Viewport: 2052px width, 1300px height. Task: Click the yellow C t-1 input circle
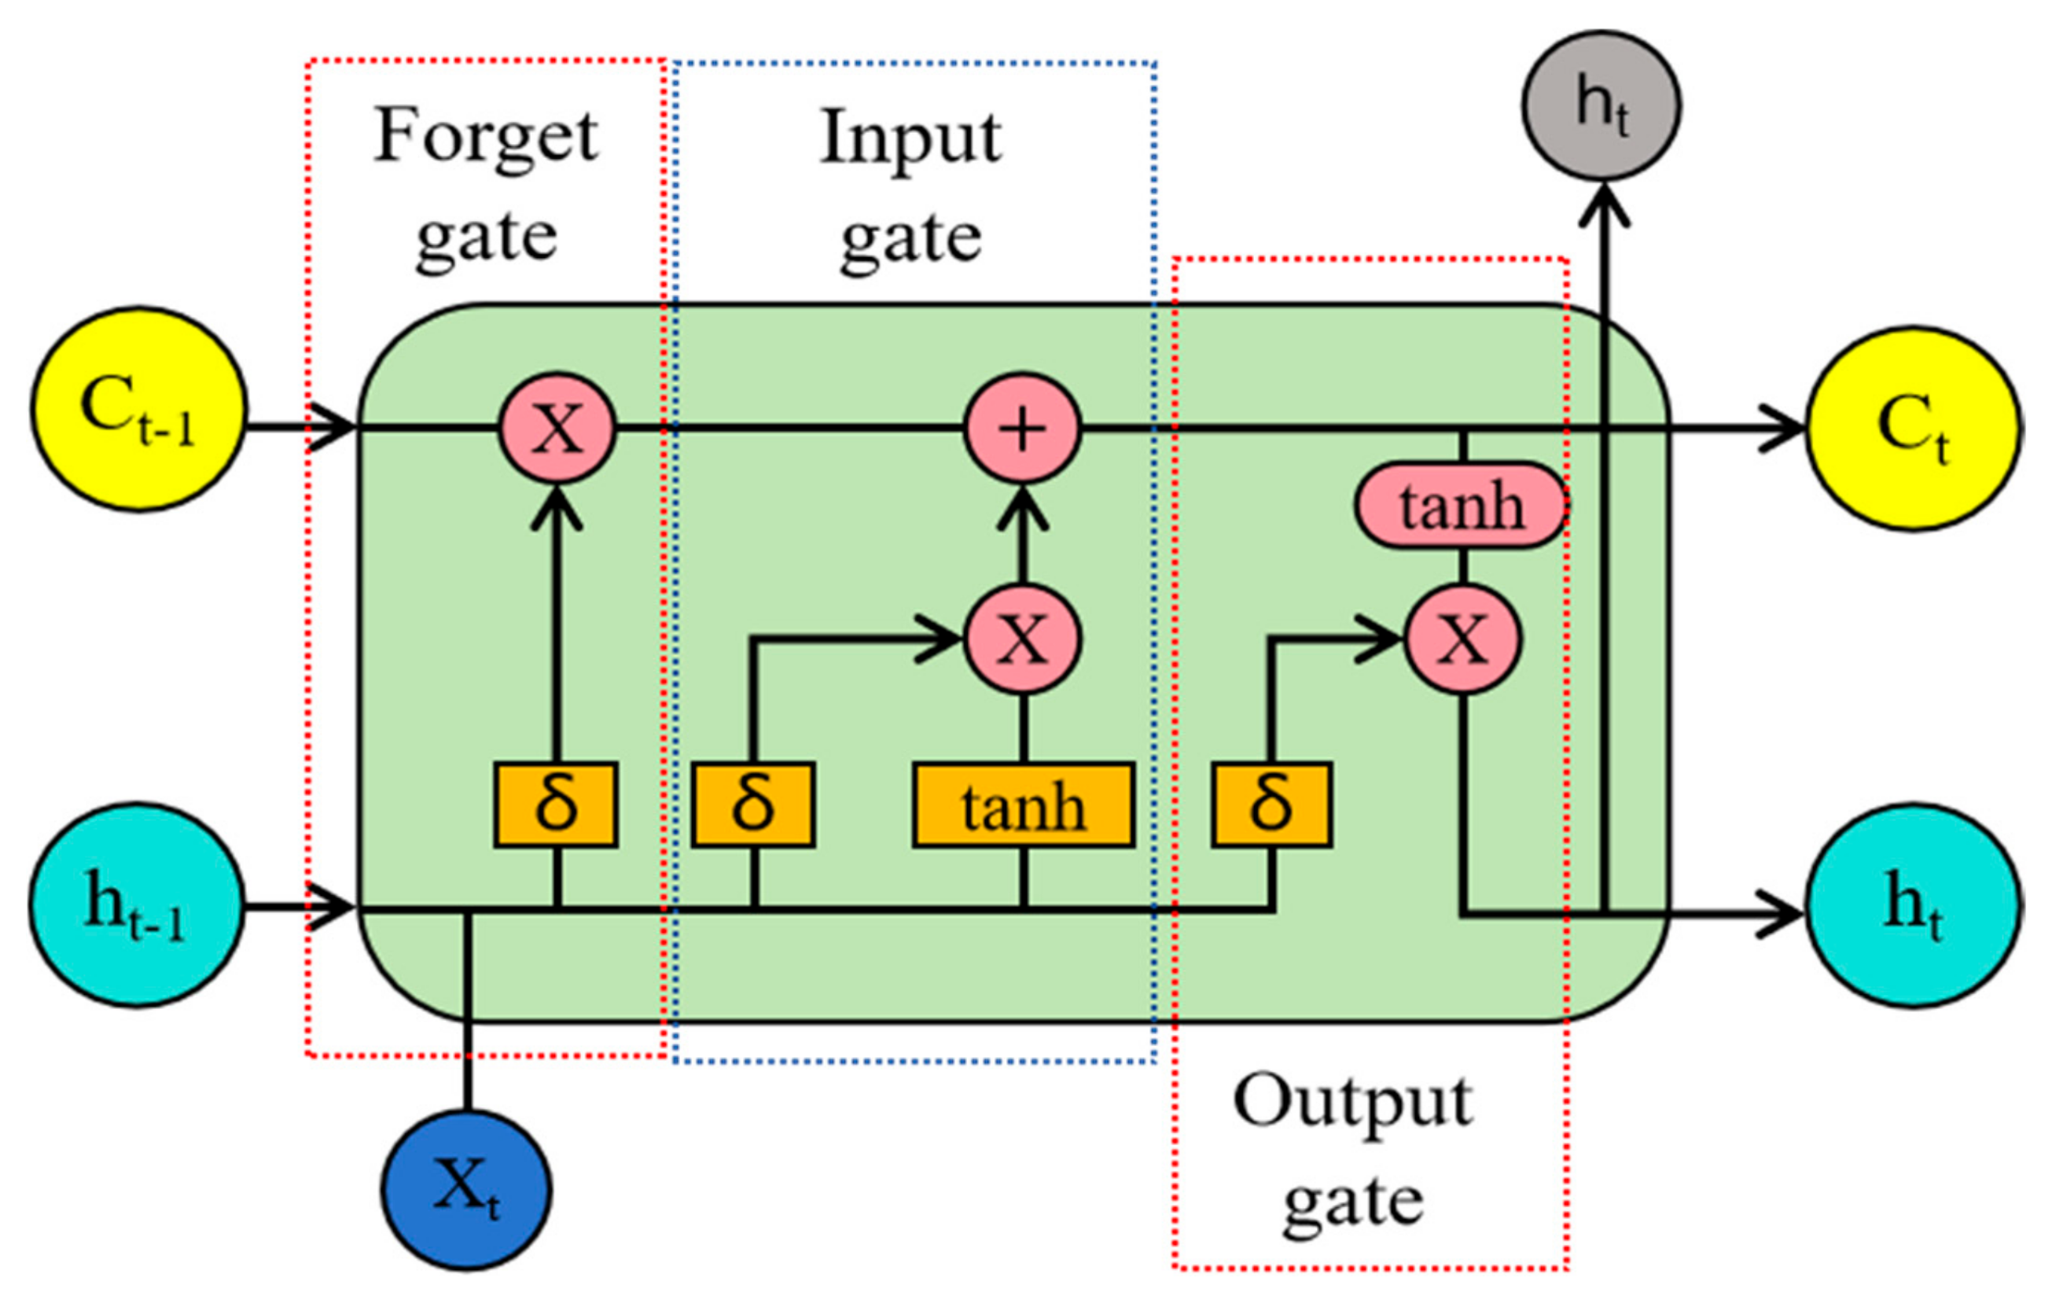pos(139,410)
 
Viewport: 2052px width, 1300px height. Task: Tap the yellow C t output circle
pos(1913,429)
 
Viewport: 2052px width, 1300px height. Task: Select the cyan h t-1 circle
pos(136,904)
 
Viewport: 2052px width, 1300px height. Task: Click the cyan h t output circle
pos(1913,904)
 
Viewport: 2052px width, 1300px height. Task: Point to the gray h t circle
pos(1602,105)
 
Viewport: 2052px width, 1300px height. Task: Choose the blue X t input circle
pos(466,1190)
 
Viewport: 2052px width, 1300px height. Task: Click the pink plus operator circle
pos(1023,429)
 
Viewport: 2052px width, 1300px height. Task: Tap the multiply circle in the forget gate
pos(557,429)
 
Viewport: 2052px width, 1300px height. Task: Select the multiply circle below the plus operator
pos(1023,639)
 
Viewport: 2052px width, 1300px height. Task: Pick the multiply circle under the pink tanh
pos(1462,639)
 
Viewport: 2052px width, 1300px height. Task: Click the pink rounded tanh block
pos(1461,506)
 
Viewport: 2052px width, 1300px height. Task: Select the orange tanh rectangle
pos(1023,805)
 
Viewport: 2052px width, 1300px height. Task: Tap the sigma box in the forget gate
pos(556,805)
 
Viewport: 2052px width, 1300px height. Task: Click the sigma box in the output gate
pos(1271,805)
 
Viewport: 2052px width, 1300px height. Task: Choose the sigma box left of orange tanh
pos(753,805)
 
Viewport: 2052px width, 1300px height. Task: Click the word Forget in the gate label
pos(486,136)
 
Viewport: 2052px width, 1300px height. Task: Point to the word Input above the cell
pos(910,138)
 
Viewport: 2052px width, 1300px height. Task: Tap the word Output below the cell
pos(1352,1103)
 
